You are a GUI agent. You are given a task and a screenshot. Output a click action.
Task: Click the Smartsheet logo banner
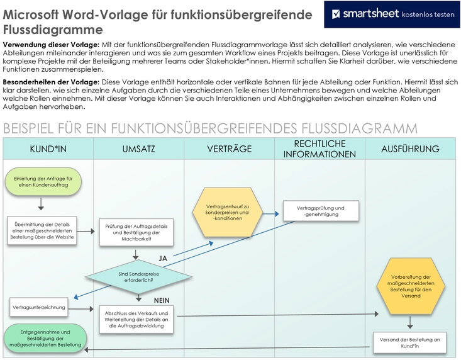tap(391, 14)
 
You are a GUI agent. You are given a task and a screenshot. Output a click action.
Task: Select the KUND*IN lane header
tap(48, 149)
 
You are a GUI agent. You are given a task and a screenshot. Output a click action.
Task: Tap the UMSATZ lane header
tap(138, 149)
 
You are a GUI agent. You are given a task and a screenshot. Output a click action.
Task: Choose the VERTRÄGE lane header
tap(229, 149)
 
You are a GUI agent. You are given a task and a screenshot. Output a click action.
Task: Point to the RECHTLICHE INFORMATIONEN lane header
tap(319, 149)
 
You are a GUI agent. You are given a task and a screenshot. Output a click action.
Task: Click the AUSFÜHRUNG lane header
tap(410, 149)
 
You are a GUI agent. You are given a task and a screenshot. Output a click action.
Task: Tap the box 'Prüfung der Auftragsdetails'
tap(136, 233)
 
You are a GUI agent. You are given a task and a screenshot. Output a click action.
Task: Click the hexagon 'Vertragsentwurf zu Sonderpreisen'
tap(228, 209)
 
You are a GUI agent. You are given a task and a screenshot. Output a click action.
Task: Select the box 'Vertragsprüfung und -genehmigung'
tap(320, 211)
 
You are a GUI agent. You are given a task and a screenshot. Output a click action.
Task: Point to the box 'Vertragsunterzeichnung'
tap(38, 308)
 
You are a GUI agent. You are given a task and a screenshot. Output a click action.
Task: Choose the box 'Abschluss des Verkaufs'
tap(136, 319)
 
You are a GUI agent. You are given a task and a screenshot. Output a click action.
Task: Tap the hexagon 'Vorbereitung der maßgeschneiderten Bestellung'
tap(410, 285)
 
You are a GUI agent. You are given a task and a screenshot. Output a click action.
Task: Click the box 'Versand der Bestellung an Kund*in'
tap(409, 342)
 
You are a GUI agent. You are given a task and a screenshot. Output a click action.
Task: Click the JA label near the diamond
tap(162, 257)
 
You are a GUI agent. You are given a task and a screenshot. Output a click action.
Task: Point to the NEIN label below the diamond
tap(162, 300)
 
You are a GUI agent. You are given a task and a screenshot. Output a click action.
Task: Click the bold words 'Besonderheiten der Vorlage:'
tap(50, 82)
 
